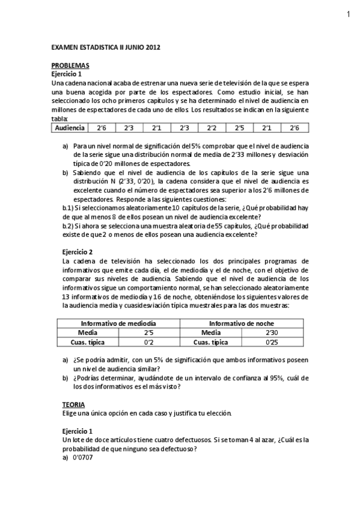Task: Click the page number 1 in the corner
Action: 348,15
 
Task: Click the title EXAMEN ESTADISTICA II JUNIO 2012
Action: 106,46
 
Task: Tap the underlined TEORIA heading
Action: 74,405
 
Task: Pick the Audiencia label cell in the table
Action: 69,128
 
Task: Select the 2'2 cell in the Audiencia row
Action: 212,128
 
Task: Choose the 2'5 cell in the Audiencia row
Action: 239,128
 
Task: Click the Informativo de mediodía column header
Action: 118,324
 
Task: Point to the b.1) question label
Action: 69,208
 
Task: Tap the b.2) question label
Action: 69,226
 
